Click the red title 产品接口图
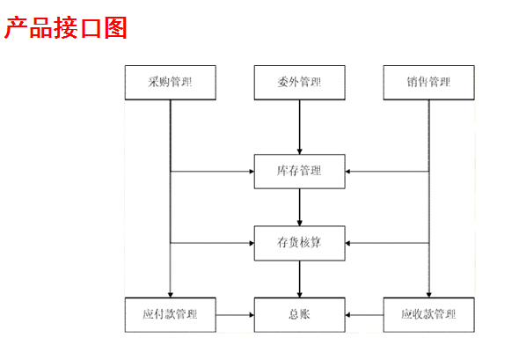click(x=66, y=28)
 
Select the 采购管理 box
click(x=171, y=83)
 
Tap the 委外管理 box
click(x=300, y=83)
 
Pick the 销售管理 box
click(x=429, y=83)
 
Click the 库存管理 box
click(x=300, y=172)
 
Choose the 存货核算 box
click(x=300, y=243)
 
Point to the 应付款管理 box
click(x=171, y=314)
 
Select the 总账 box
click(x=300, y=314)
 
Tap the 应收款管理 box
click(x=429, y=314)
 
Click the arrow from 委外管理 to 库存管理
click(x=300, y=127)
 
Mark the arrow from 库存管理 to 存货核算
click(x=300, y=208)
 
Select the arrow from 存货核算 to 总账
click(x=300, y=279)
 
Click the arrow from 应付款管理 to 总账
click(x=235, y=314)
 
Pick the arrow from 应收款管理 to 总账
click(x=364, y=314)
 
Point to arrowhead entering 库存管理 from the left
click(x=252, y=172)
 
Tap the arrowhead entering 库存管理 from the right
click(x=347, y=172)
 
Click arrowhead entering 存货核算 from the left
click(x=252, y=243)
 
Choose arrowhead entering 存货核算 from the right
click(x=347, y=243)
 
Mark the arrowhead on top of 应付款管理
click(x=171, y=295)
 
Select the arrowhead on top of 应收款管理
click(x=429, y=295)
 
